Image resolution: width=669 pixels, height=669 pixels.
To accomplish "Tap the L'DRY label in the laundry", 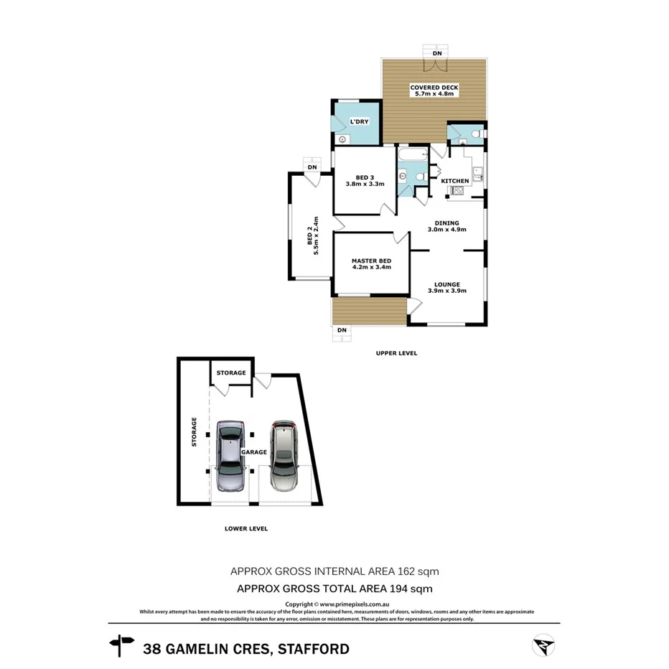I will pyautogui.click(x=359, y=122).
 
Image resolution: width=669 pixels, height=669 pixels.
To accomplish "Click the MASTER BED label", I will pyautogui.click(x=371, y=263).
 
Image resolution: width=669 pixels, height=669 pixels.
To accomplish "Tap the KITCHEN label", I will pyautogui.click(x=454, y=181).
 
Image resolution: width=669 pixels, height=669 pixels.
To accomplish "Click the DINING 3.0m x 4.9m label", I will pyautogui.click(x=446, y=226).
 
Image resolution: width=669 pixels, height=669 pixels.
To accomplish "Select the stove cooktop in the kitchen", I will pyautogui.click(x=454, y=191).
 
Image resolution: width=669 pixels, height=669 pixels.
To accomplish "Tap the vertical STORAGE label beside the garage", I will pyautogui.click(x=194, y=433).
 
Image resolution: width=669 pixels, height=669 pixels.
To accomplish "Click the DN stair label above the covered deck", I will pyautogui.click(x=436, y=54).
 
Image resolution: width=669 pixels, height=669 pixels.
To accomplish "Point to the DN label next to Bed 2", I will pyautogui.click(x=312, y=167).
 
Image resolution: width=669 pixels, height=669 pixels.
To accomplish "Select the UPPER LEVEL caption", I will pyautogui.click(x=396, y=353).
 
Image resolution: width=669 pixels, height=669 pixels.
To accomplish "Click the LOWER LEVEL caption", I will pyautogui.click(x=245, y=528).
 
